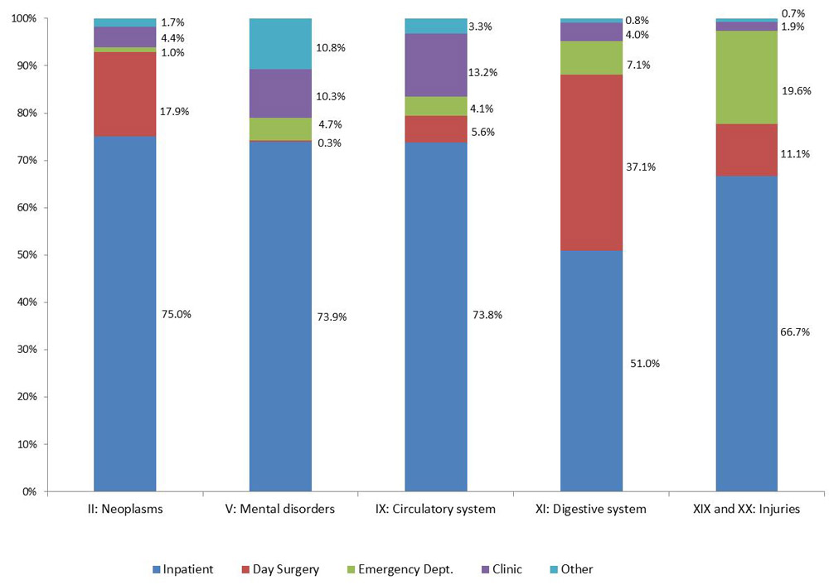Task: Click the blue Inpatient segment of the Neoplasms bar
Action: [x=124, y=315]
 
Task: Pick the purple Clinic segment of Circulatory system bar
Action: [x=435, y=65]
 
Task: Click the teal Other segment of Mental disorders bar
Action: [x=280, y=43]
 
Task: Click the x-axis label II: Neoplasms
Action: [x=124, y=510]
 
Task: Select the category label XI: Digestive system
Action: [x=591, y=510]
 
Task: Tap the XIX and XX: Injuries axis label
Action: [x=746, y=510]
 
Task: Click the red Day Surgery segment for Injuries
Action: [x=746, y=149]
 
